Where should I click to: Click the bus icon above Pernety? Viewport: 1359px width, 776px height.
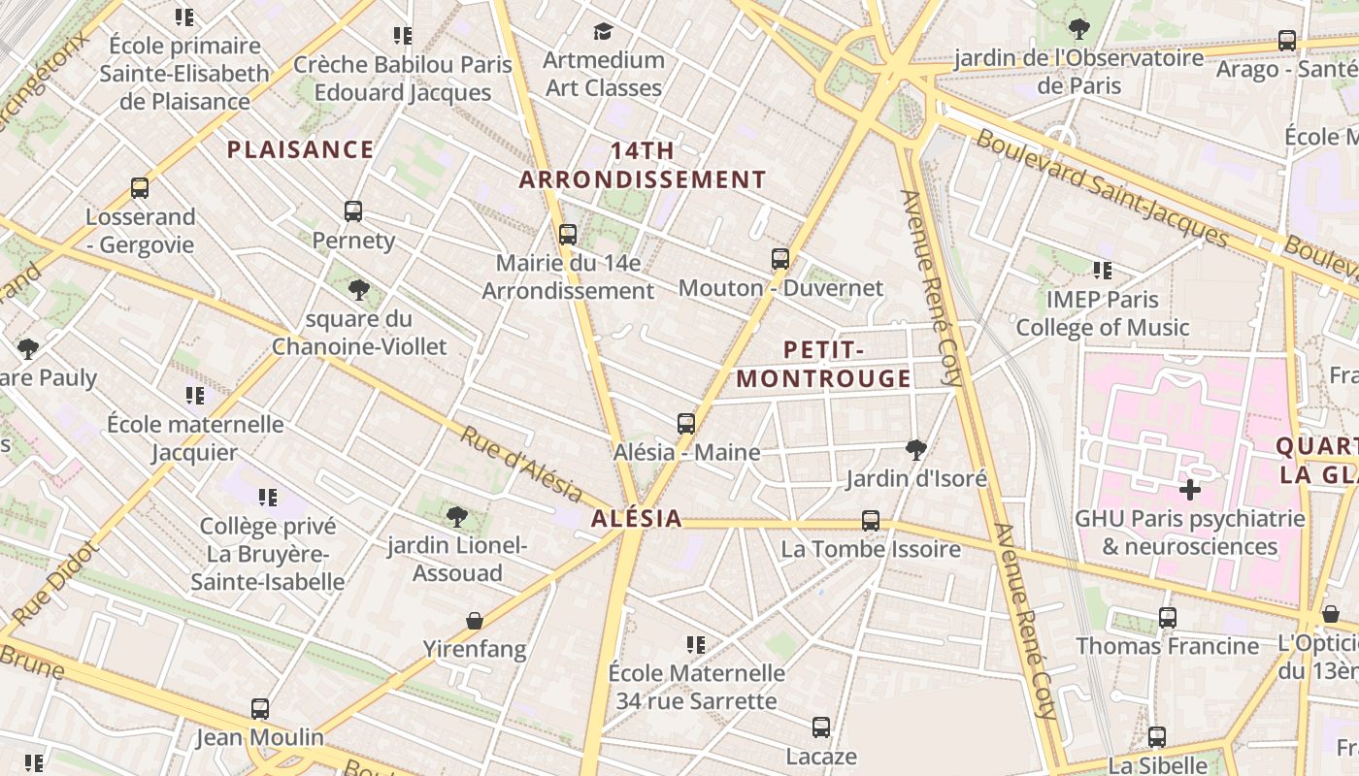coord(353,211)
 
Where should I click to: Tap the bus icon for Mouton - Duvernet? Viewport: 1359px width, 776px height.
coord(780,259)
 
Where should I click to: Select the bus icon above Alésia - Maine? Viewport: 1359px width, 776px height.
coord(686,424)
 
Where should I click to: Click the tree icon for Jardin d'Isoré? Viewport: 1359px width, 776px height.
coord(915,449)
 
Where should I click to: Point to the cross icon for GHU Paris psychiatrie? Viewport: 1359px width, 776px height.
coord(1189,490)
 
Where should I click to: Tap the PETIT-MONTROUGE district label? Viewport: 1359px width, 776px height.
coord(823,364)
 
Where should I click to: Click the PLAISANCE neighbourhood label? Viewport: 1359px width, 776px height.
coord(300,149)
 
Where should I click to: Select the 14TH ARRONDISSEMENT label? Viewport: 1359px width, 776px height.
coord(643,165)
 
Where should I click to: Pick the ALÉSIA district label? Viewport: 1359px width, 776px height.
coord(637,519)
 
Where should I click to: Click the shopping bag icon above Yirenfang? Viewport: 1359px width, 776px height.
coord(475,621)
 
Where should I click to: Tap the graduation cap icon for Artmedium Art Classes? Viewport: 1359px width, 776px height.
coord(603,31)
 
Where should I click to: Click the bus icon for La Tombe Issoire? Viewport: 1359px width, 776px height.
coord(871,521)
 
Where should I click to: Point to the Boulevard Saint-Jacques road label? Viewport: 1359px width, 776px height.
coord(1103,188)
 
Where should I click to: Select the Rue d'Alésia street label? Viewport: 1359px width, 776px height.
coord(520,467)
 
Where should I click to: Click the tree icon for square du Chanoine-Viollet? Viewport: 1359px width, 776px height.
coord(359,289)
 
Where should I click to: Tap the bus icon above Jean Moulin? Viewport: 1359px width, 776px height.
coord(260,709)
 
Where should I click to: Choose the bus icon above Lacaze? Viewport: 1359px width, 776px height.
coord(821,727)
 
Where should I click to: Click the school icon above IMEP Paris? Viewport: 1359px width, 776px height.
coord(1102,271)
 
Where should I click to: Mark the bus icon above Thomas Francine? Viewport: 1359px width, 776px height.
coord(1168,618)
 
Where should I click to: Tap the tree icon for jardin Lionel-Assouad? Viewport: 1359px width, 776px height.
coord(457,517)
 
